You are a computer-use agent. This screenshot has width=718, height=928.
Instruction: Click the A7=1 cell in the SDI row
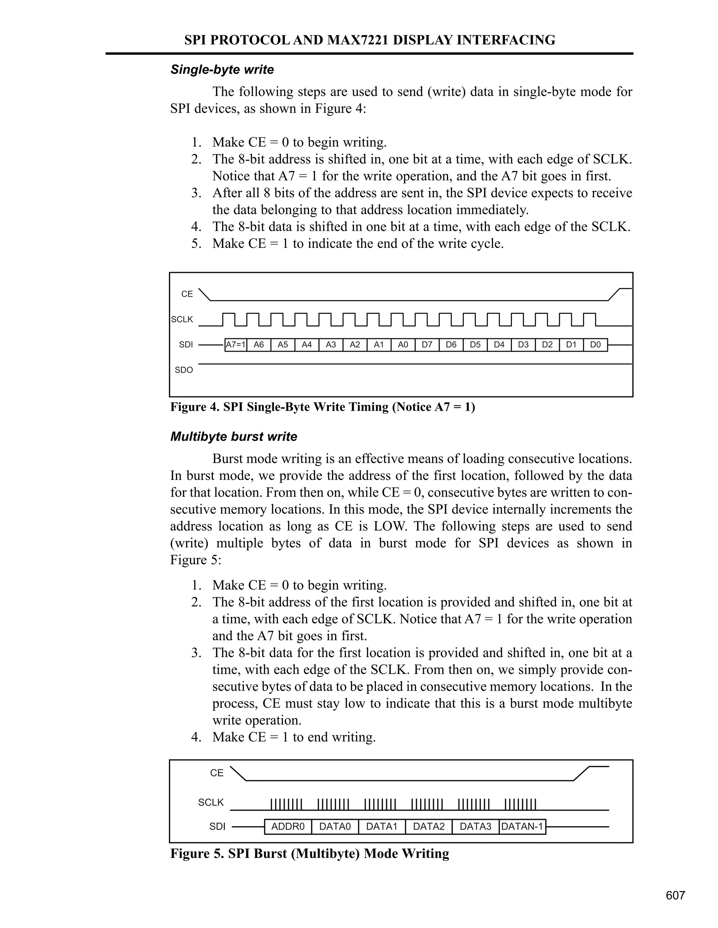point(235,345)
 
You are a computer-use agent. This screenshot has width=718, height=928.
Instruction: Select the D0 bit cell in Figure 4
point(595,345)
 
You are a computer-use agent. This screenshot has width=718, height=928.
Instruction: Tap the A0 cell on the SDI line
point(403,345)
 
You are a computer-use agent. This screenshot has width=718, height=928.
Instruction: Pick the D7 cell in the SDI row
point(427,345)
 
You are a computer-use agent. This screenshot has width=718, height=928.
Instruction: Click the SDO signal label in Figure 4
point(184,370)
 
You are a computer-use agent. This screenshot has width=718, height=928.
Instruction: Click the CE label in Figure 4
point(187,294)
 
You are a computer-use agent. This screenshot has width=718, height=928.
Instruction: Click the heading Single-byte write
point(222,70)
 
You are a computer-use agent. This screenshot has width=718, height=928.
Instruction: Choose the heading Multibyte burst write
point(233,437)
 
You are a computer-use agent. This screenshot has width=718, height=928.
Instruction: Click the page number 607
point(675,896)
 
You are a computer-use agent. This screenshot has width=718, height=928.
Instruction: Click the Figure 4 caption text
point(323,407)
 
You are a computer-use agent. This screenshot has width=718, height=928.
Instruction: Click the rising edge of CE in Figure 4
point(614,295)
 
